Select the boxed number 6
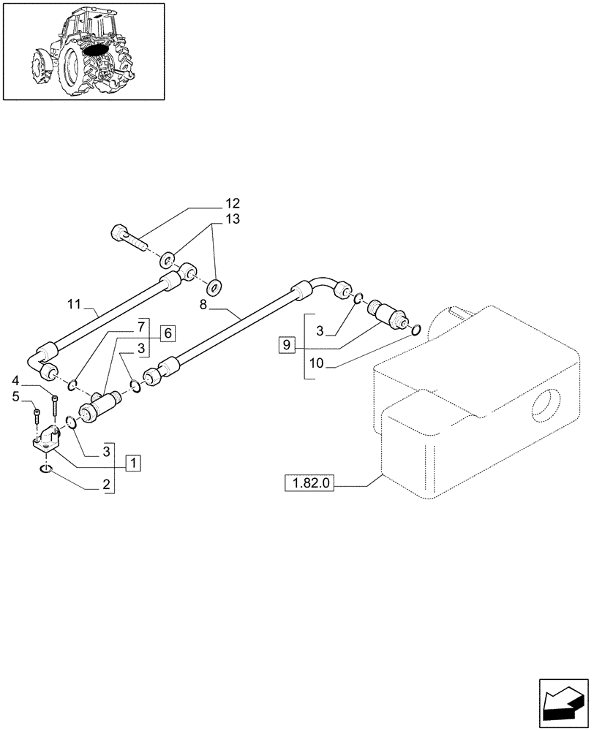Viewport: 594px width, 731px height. (168, 333)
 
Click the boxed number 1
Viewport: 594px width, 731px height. (133, 463)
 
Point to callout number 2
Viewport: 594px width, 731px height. (106, 484)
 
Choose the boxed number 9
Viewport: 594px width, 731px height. (287, 344)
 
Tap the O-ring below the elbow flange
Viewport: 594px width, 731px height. (46, 469)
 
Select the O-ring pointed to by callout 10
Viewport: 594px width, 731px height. (416, 330)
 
